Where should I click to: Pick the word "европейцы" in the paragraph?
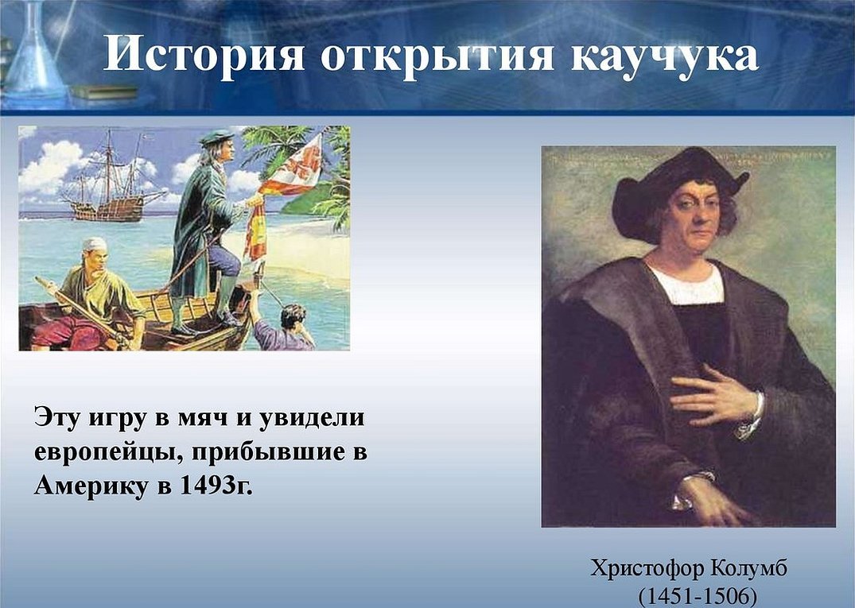click(105, 453)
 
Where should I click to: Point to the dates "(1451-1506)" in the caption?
click(698, 596)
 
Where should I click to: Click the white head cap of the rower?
click(95, 244)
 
